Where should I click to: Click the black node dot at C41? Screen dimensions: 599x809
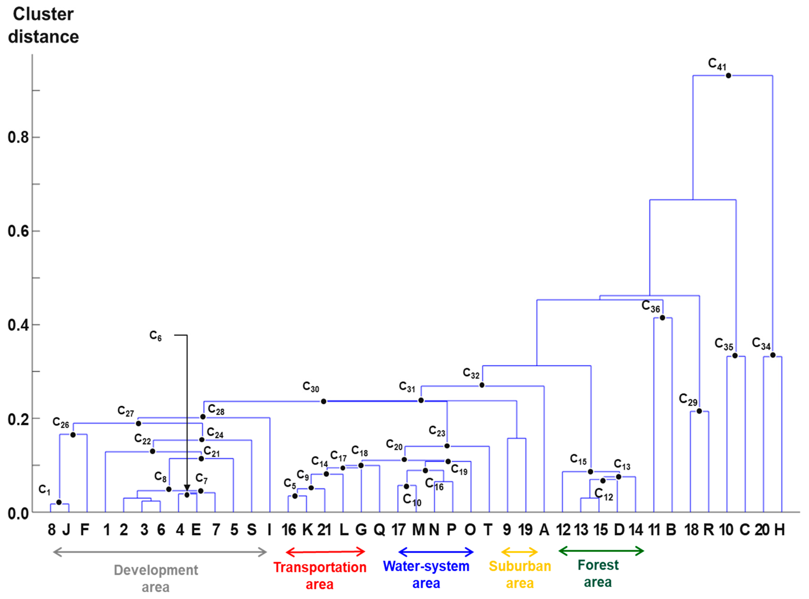[728, 75]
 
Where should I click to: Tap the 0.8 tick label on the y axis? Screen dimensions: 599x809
[18, 137]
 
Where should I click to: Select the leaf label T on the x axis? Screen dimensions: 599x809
[488, 530]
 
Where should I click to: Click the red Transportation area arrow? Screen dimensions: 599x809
[325, 552]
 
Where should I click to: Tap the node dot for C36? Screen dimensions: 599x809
[662, 318]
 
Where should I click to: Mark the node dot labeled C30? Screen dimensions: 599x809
[324, 401]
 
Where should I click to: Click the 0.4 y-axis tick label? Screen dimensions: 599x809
[18, 325]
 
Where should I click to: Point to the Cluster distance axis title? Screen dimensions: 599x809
[43, 25]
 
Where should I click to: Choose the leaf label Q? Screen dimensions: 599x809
[379, 530]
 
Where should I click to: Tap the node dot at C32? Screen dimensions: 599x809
[482, 385]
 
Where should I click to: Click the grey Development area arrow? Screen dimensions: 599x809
[160, 552]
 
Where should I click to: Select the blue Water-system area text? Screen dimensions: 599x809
[426, 575]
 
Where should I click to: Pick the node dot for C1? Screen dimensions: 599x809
[59, 502]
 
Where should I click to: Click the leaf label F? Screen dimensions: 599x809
[84, 530]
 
